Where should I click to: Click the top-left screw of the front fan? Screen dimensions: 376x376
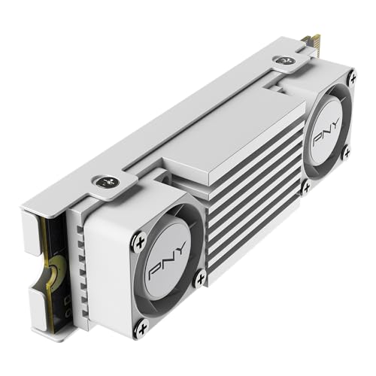click(139, 241)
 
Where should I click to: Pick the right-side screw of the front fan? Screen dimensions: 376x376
click(199, 279)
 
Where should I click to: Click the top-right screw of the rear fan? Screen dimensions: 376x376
click(352, 76)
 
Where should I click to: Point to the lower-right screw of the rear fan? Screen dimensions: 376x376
click(345, 152)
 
